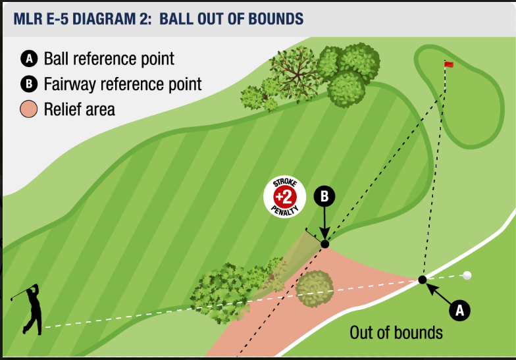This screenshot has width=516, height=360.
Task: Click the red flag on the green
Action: click(449, 64)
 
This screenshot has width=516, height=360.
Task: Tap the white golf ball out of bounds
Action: click(467, 275)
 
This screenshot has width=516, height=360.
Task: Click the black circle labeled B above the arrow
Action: click(324, 196)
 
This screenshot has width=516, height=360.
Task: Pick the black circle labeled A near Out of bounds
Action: click(459, 310)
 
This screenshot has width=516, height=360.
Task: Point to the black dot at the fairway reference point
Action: click(325, 244)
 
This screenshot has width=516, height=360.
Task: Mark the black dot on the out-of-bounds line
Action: click(423, 280)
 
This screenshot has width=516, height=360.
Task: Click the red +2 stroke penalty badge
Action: click(284, 197)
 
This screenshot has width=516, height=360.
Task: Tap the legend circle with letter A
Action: click(29, 59)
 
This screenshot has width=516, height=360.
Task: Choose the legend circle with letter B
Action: click(29, 84)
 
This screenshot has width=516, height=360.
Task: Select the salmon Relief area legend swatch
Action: click(29, 109)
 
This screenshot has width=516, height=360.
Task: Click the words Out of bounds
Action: click(396, 333)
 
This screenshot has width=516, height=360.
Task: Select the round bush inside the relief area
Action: click(315, 289)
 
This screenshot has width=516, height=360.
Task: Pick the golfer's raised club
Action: click(20, 294)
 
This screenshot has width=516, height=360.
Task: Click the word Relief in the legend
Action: click(63, 109)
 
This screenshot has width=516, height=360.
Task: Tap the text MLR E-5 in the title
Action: click(41, 18)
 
